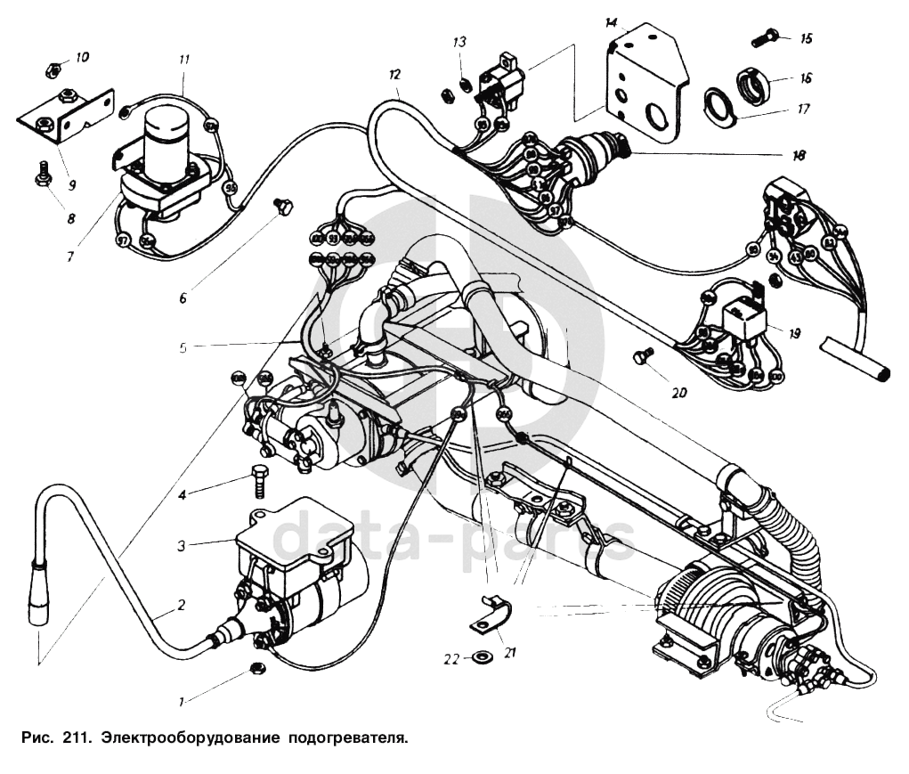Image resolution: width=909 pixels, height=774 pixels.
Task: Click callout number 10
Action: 83,57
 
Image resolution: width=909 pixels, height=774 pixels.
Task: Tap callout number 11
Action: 184,61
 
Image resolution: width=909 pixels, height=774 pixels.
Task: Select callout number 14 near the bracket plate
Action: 610,22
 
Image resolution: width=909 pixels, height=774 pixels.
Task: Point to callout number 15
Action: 806,38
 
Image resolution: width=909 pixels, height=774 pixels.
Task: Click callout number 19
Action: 794,334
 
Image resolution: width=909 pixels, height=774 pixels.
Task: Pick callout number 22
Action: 451,659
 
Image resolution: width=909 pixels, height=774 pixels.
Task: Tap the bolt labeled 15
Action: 765,38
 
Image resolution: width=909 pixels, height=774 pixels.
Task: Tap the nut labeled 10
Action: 53,69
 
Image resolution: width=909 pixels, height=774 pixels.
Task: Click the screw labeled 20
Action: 639,357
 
